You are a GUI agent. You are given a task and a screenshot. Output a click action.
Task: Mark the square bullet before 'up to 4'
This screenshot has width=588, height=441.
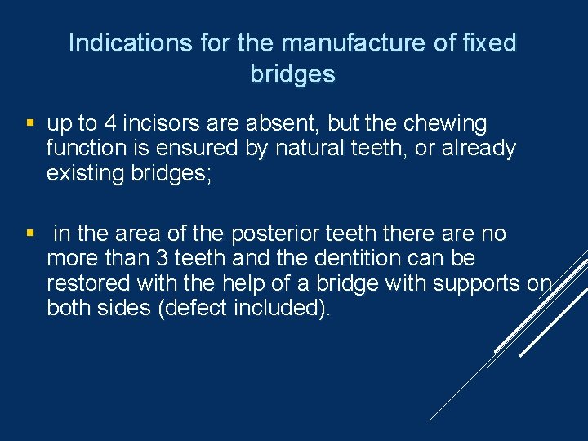coord(30,124)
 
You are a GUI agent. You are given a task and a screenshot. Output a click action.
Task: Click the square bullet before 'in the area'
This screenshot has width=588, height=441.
coord(30,234)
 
